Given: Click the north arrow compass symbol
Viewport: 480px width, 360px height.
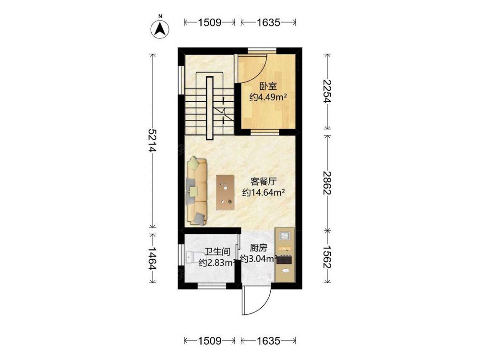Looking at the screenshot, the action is (160, 29).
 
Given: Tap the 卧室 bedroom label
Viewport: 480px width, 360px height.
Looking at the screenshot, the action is (268, 86).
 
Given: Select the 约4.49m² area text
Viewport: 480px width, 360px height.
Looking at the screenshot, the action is (268, 97).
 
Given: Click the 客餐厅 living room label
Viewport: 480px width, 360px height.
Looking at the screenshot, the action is (264, 181).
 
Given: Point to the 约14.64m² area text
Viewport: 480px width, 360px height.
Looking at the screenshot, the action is (264, 192).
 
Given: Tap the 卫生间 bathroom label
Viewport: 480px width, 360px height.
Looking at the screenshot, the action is (217, 252).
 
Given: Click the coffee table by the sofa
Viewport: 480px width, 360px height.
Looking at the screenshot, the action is (225, 192).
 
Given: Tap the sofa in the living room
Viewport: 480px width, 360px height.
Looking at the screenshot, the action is (197, 191).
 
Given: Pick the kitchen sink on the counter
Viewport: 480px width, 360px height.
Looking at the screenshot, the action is (285, 236).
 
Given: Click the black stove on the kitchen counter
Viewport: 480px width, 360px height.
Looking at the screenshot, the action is (284, 260).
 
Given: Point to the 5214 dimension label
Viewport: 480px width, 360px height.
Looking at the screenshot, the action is (152, 141).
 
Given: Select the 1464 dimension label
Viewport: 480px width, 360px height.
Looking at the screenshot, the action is (152, 258).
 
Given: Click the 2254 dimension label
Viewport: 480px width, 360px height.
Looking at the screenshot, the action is (327, 91).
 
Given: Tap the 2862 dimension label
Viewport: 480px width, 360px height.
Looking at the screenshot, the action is (327, 182).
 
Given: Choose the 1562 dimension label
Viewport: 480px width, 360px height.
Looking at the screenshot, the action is (327, 257).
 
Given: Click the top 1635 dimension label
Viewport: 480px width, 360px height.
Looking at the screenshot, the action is (268, 22).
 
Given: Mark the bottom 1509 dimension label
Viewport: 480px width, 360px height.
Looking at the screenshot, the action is (210, 341).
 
